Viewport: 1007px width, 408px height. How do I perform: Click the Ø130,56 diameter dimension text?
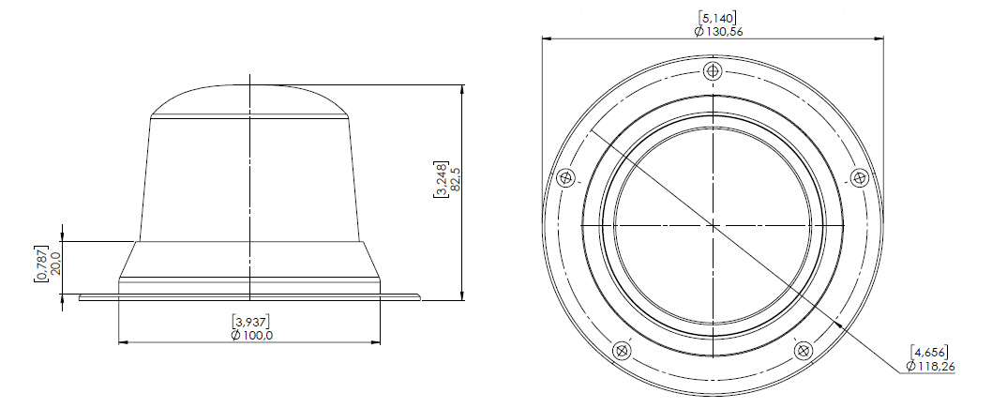coord(718,31)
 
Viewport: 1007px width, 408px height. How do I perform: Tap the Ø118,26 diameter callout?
coord(932,366)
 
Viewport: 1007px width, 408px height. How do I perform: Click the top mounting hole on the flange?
coord(714,71)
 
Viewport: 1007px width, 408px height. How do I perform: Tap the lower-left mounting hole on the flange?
coord(621,351)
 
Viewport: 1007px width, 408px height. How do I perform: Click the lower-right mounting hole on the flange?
coord(804,351)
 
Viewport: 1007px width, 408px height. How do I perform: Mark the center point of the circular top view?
coord(713,226)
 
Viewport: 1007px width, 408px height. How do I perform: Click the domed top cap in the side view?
coord(249,100)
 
